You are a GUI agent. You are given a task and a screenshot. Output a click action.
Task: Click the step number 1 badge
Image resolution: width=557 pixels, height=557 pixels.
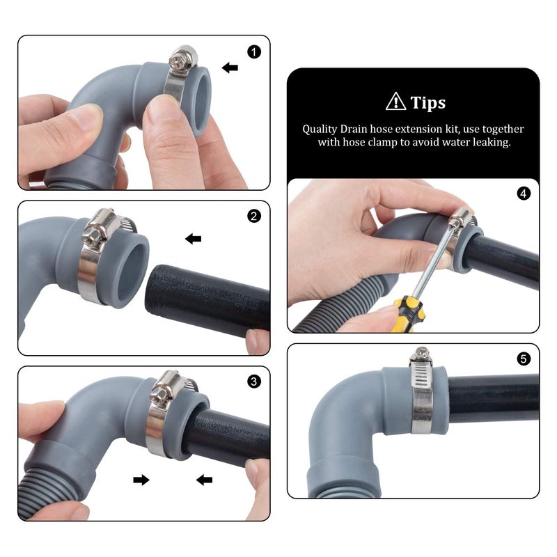253,52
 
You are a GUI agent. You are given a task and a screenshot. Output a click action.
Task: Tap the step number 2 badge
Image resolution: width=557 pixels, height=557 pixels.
253,216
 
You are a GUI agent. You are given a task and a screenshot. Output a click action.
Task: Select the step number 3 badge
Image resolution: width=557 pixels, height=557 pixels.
253,382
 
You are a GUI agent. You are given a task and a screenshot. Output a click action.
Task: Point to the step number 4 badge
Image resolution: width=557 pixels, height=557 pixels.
524,194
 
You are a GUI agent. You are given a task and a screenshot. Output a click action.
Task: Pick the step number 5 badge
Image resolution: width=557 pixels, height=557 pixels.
524,359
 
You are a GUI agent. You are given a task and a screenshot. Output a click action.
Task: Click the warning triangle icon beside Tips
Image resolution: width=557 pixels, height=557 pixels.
395,102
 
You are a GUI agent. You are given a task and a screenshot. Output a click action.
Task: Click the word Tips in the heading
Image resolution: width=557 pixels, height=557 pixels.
428,103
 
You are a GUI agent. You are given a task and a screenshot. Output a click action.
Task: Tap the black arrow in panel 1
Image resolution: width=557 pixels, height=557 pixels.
230,68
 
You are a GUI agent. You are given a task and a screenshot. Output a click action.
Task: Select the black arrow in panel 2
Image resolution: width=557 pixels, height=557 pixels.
194,239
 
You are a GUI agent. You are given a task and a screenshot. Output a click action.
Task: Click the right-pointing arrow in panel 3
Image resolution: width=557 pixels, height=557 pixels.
141,480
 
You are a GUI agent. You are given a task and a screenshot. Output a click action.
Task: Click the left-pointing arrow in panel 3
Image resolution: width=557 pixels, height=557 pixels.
204,480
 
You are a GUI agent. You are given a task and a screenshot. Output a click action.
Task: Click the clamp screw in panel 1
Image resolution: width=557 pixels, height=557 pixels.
182,59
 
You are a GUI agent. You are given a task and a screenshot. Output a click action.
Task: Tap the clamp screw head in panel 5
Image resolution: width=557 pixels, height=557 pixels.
421,354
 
